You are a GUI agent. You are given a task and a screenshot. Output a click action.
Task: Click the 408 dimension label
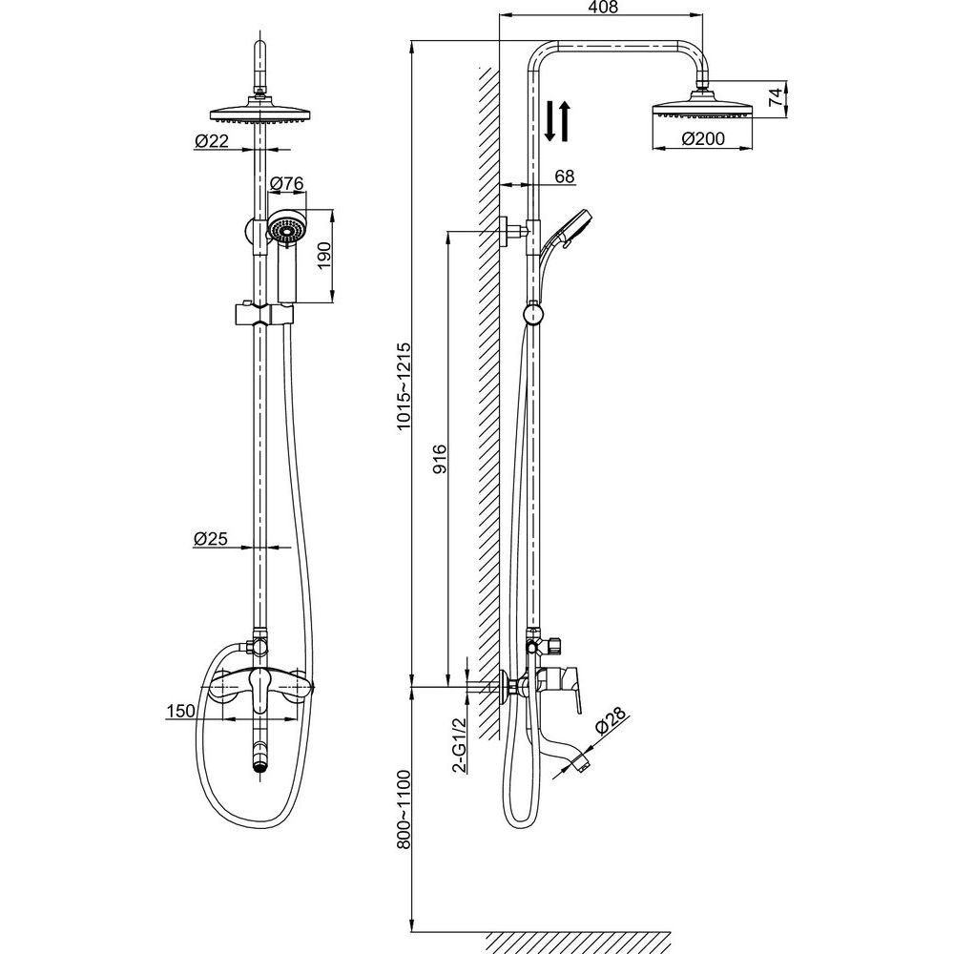pos(604,8)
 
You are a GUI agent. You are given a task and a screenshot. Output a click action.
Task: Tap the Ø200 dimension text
pos(703,138)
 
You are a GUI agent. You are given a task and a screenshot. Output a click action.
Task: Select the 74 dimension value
pos(775,97)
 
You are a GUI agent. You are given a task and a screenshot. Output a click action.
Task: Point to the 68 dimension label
pos(565,176)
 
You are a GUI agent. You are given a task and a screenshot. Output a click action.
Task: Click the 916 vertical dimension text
pos(439,459)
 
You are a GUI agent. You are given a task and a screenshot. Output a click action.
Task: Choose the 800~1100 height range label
pos(404,809)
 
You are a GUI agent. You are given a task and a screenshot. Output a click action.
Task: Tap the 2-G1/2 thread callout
pos(460,744)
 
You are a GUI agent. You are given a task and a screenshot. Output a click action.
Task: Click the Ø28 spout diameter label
pos(609,722)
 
